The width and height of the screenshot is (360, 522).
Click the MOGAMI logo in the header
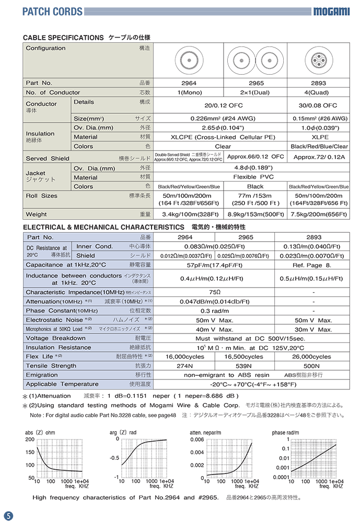(x=331, y=11)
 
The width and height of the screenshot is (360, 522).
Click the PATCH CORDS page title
(x=45, y=11)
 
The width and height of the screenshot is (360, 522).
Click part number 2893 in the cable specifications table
(x=318, y=83)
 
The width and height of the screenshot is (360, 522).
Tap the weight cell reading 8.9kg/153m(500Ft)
(x=256, y=214)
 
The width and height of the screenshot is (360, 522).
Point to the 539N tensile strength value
(x=246, y=366)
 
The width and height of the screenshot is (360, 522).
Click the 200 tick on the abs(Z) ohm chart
(x=29, y=440)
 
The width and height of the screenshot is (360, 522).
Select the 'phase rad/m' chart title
(x=285, y=433)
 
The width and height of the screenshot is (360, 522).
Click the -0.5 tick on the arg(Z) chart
(x=113, y=458)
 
